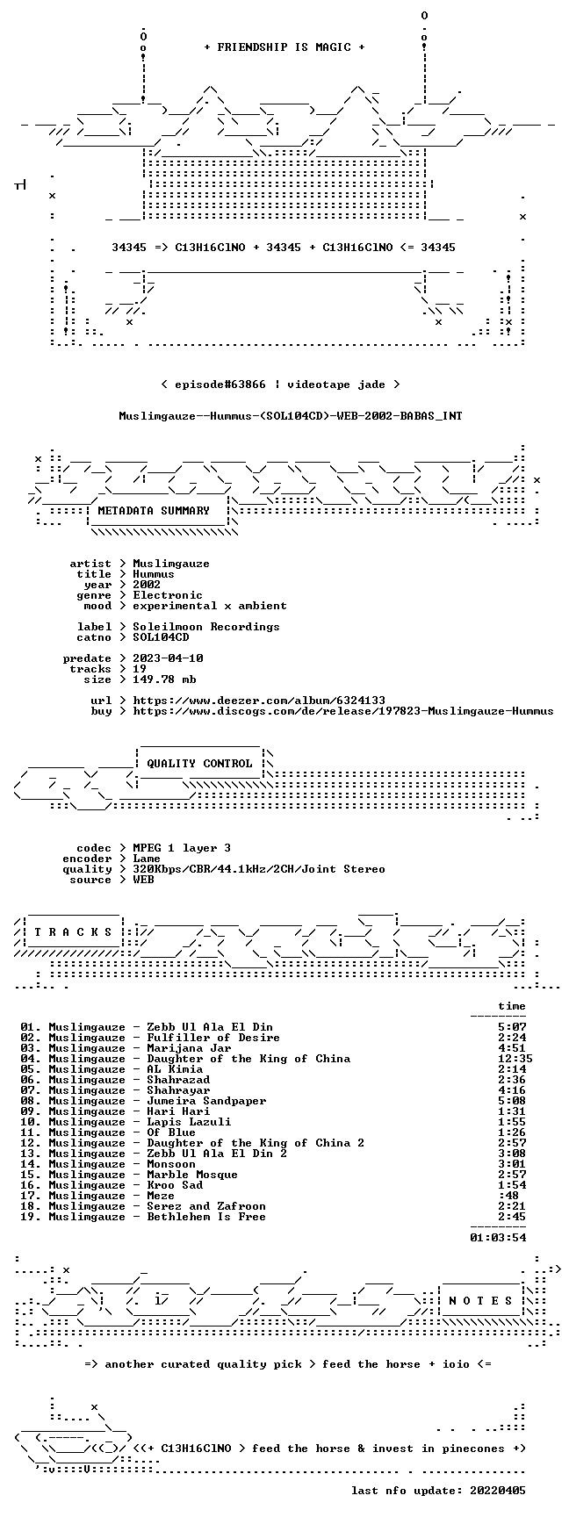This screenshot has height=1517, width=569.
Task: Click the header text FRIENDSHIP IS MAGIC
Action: coord(284,47)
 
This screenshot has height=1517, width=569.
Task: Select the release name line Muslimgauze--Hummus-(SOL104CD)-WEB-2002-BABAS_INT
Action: coord(291,416)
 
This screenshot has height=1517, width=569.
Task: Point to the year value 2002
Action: coord(147,585)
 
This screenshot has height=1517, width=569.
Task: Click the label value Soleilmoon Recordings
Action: coord(206,627)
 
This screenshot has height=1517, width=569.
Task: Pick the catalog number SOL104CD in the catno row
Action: coord(161,637)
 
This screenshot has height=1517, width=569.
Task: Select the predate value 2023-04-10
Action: coord(168,658)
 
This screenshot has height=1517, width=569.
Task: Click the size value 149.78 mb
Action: coord(164,679)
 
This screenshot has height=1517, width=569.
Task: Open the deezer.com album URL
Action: coord(259,701)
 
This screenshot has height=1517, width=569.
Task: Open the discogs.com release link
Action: coord(343,711)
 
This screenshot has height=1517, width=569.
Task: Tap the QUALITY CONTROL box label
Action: coord(199,764)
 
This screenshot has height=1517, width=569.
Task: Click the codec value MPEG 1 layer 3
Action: coord(182,848)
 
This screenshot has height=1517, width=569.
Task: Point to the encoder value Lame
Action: coord(147,859)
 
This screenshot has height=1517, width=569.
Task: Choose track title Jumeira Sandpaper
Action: coord(206,1101)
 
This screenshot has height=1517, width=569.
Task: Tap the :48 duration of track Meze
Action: coord(508,1196)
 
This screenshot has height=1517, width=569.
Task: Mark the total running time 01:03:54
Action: coord(498,1238)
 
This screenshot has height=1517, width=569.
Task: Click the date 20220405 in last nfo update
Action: coord(498,1491)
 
